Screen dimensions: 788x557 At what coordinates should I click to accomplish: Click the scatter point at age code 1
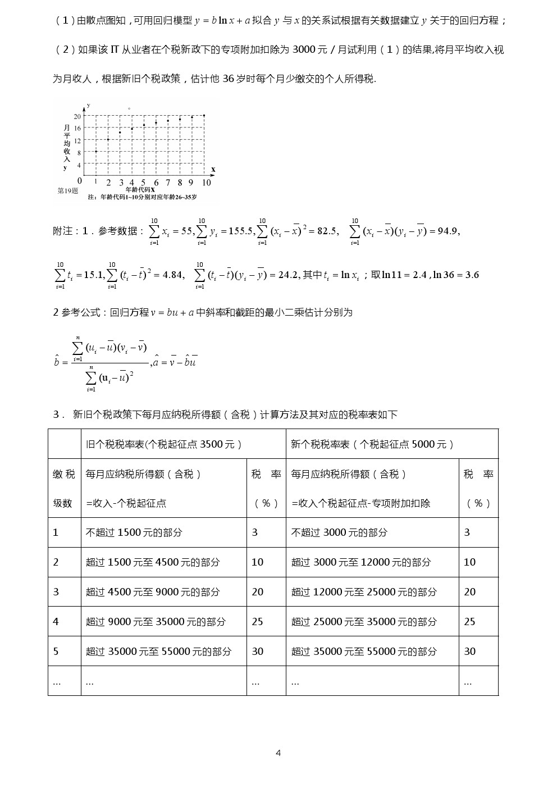click(96, 151)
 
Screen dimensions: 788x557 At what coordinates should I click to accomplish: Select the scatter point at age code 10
click(204, 115)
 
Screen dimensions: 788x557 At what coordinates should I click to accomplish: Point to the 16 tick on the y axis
click(77, 128)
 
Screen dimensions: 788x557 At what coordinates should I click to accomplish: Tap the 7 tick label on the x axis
click(168, 183)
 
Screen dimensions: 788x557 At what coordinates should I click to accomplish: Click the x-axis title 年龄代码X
click(140, 190)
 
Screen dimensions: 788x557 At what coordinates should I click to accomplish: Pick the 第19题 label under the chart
click(68, 190)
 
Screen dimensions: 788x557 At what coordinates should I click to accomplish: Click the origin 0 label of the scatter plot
click(80, 181)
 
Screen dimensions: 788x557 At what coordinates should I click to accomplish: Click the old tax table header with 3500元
click(164, 444)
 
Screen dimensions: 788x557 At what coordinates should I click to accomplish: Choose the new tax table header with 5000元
click(372, 444)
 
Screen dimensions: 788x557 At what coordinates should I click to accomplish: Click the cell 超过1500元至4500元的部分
click(152, 562)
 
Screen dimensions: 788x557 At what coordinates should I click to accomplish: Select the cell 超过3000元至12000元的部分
click(361, 562)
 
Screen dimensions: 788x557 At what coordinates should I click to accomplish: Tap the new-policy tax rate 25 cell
click(470, 622)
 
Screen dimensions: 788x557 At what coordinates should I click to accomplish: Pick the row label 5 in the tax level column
click(56, 652)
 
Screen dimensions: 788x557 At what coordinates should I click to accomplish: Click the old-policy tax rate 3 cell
click(255, 532)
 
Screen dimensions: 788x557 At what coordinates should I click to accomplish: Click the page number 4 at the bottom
click(278, 753)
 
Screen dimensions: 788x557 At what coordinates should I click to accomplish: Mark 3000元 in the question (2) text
click(311, 49)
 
